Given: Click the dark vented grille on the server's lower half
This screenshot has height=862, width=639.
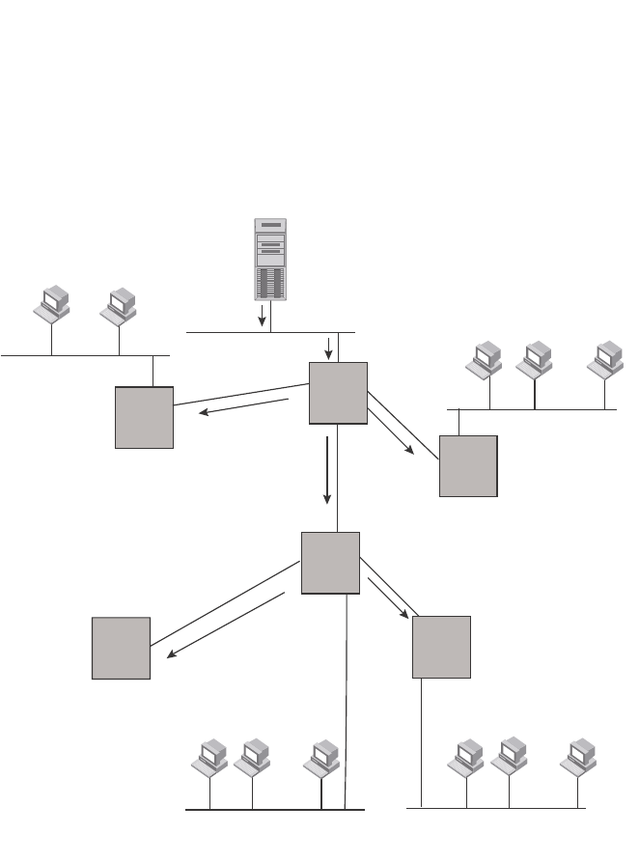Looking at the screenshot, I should click(x=270, y=282).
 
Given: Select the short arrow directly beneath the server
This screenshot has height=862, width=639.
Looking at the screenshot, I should click(x=262, y=316).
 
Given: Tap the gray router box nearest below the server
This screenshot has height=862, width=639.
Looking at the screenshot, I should click(x=338, y=393).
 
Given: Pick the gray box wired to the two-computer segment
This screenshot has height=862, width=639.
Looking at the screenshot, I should click(x=144, y=417).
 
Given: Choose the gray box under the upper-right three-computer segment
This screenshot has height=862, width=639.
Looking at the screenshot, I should click(x=468, y=465).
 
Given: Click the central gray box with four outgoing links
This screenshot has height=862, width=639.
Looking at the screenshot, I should click(x=330, y=562).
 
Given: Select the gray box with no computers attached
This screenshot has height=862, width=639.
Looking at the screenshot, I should click(x=121, y=648).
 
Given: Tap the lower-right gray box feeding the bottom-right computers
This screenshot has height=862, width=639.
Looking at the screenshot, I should click(x=441, y=647).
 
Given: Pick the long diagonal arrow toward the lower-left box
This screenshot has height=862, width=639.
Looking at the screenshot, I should click(x=228, y=625).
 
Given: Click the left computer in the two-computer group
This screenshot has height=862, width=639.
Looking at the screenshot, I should click(x=52, y=305).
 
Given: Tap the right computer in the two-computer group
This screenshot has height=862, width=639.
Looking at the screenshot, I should click(x=120, y=305).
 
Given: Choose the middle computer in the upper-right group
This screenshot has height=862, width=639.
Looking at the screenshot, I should click(x=534, y=359).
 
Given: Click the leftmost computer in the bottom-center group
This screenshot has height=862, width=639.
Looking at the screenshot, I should click(x=210, y=757).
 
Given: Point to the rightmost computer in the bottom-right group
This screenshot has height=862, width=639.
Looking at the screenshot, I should click(x=578, y=757).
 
